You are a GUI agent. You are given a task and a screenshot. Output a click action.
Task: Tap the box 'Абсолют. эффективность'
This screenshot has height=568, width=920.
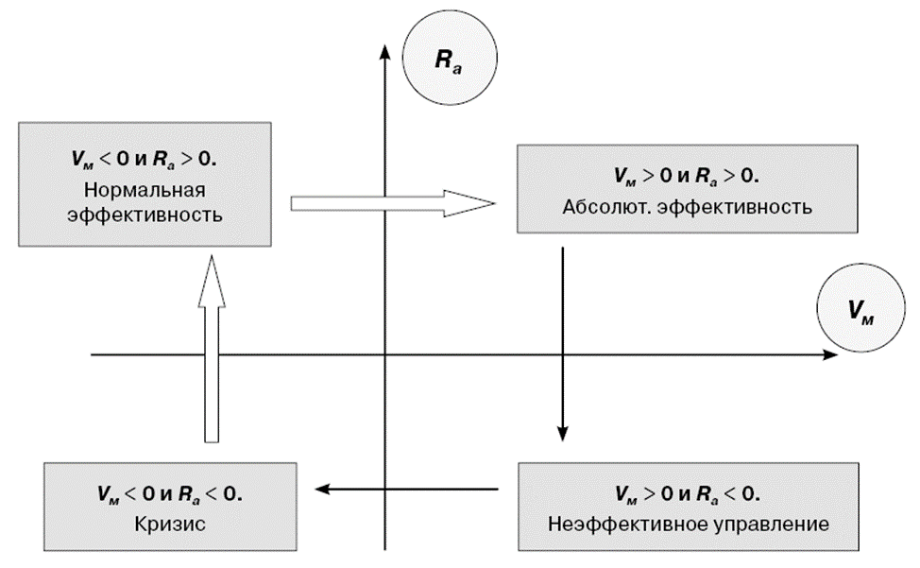(686, 188)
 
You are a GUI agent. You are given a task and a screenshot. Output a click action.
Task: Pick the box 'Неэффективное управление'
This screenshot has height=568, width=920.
(686, 507)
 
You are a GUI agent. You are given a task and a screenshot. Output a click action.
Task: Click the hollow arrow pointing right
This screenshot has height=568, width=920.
(392, 202)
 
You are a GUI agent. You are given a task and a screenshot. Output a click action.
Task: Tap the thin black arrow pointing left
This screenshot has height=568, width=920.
(406, 489)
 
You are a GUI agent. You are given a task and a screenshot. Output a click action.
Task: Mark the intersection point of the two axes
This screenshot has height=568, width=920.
(384, 355)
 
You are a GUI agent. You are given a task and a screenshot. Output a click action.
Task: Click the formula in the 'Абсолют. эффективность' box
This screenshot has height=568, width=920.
(687, 177)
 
